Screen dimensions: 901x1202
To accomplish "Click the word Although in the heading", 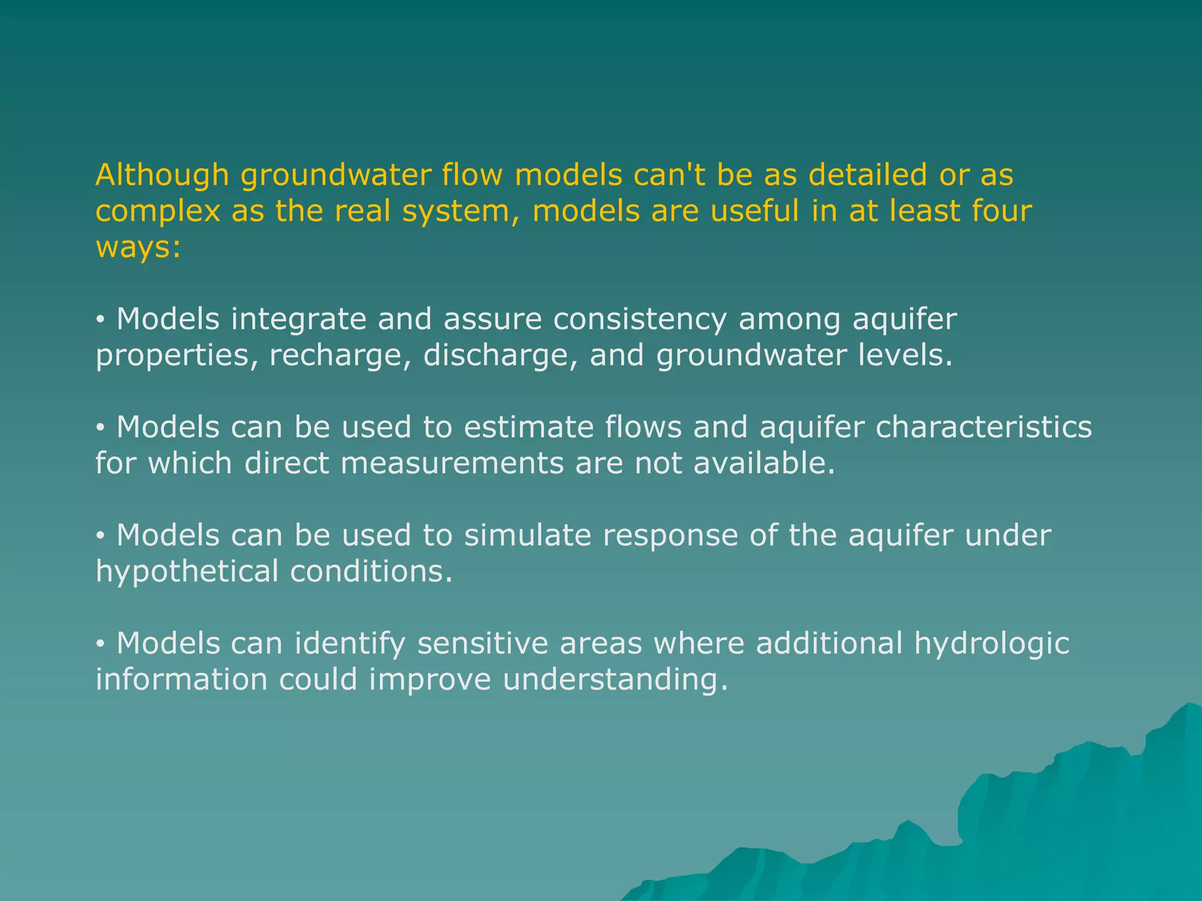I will point(161,175).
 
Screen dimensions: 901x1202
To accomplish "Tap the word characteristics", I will point(984,427).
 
